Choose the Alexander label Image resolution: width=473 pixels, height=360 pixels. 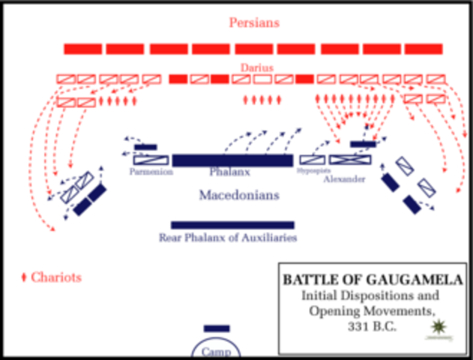pyautogui.click(x=345, y=179)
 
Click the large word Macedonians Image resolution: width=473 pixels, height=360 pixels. pyautogui.click(x=239, y=195)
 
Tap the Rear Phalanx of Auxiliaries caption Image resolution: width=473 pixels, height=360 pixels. pyautogui.click(x=228, y=238)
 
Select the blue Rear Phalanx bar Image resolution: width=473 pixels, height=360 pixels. pyautogui.click(x=232, y=225)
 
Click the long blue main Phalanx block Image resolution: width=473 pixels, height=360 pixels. pyautogui.click(x=232, y=160)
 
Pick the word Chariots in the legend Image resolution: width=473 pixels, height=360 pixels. pyautogui.click(x=56, y=277)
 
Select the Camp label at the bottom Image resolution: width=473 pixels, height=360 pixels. pyautogui.click(x=217, y=351)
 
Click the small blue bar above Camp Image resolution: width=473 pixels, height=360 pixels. pyautogui.click(x=217, y=328)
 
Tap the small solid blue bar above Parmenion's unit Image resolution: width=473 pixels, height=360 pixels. pyautogui.click(x=145, y=147)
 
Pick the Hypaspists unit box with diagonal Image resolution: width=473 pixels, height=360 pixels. pyautogui.click(x=312, y=159)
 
